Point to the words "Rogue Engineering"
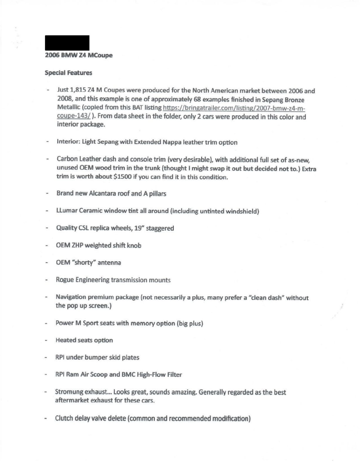(85, 280)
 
